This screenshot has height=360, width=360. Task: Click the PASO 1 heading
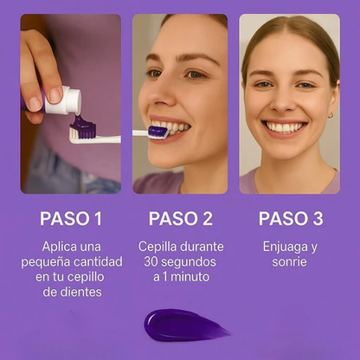coord(71,219)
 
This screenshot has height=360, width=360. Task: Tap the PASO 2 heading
coord(181,219)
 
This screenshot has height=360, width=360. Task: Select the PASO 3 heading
coord(291,219)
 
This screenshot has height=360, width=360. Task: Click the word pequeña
coord(46,262)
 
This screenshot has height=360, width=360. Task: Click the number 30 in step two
coord(151,261)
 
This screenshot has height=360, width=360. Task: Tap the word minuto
coord(190,277)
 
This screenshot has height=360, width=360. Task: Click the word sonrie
coord(289,262)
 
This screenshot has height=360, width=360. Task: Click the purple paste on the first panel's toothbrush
coord(82,126)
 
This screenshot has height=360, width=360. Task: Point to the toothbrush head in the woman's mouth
coord(158,132)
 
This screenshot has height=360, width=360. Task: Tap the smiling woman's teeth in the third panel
coord(285,127)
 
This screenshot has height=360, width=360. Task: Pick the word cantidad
coord(98,262)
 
